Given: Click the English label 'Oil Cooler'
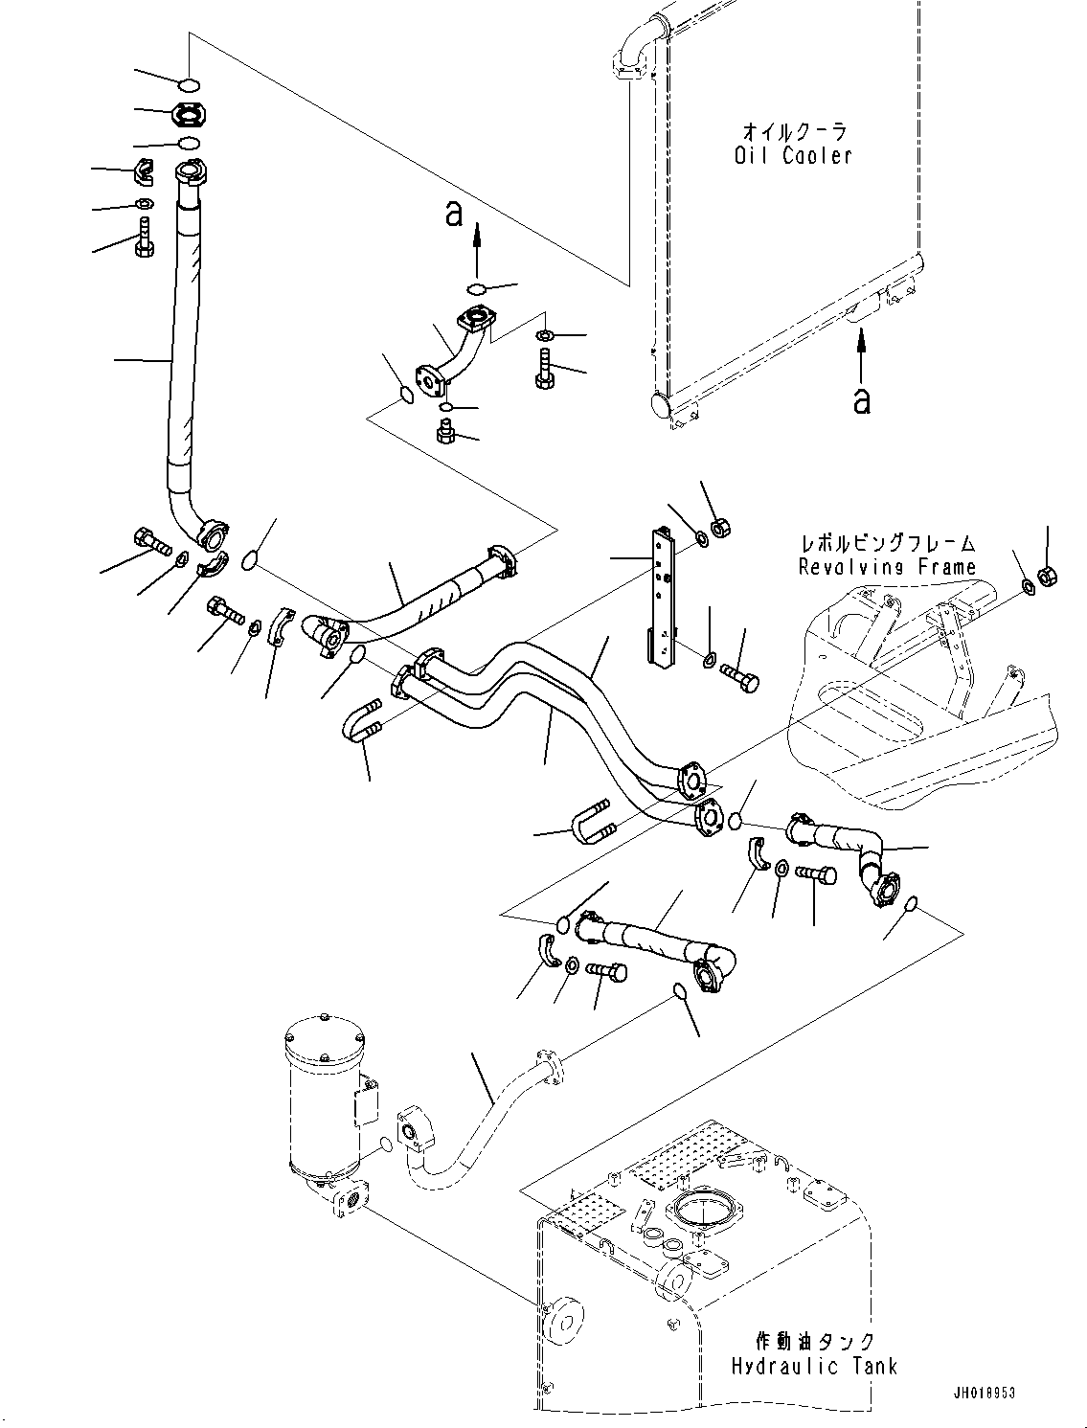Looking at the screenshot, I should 793,156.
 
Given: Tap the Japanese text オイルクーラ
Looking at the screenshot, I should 795,132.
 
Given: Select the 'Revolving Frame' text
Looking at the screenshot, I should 887,567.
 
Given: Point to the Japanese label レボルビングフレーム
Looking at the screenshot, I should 888,544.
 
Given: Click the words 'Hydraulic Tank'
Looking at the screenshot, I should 814,1365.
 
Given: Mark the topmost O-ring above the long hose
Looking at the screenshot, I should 190,84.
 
